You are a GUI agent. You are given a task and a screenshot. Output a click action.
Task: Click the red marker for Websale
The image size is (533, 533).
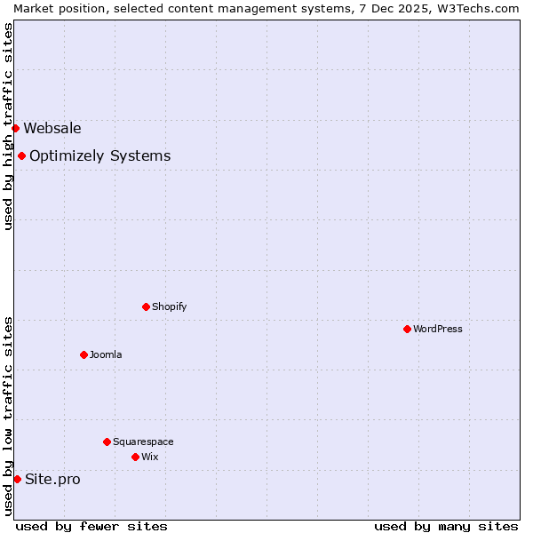point(15,128)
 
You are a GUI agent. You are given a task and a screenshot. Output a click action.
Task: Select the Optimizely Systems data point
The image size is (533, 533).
point(21,156)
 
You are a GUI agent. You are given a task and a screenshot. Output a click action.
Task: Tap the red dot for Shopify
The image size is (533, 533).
point(146,306)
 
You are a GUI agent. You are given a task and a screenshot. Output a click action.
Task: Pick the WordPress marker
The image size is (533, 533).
point(407,329)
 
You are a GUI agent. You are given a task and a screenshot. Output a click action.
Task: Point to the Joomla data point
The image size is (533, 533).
point(84,354)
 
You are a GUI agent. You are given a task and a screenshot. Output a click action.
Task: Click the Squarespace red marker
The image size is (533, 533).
point(107,442)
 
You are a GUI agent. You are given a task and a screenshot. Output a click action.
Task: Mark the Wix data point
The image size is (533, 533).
point(135,457)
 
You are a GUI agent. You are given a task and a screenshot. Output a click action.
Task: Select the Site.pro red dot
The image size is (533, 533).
point(17,480)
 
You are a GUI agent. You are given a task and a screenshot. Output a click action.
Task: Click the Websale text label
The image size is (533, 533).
point(52,128)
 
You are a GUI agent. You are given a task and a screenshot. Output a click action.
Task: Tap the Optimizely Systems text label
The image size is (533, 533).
point(100,156)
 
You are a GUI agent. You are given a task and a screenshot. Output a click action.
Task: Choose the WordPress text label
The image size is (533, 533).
point(438,329)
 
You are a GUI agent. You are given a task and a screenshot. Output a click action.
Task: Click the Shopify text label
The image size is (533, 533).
point(170,306)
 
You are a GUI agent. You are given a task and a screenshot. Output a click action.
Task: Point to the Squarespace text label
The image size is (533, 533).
point(143,442)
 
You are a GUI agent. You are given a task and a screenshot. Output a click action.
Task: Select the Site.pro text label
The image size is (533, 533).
point(52,480)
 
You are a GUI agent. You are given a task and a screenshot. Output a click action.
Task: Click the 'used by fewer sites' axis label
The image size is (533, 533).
point(91,526)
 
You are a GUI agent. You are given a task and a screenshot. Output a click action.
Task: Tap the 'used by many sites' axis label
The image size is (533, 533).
point(446,526)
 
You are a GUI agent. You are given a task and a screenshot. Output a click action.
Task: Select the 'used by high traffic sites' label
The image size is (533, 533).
point(8,126)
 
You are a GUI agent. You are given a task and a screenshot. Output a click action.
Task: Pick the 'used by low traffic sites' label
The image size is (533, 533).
point(8,416)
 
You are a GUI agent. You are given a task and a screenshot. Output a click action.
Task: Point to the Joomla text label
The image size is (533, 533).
point(106,354)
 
